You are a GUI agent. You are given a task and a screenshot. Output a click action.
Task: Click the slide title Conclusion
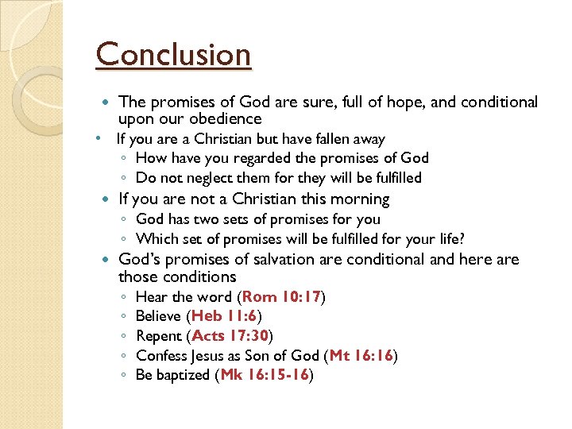click(173, 56)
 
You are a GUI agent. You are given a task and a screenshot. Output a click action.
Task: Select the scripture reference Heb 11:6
click(229, 316)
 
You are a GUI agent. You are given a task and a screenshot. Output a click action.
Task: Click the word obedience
click(226, 119)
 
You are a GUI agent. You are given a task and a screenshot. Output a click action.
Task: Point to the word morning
click(361, 199)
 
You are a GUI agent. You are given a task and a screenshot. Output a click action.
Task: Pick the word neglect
click(208, 177)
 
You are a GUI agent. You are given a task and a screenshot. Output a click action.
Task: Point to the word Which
click(156, 238)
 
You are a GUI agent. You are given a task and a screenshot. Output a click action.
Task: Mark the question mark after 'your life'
click(462, 238)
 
